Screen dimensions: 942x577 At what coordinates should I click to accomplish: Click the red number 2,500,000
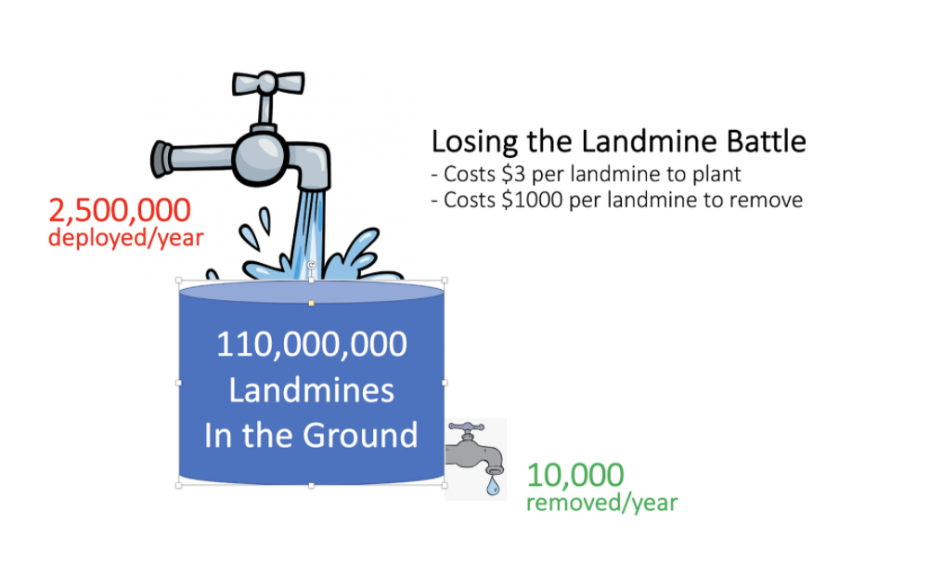click(120, 211)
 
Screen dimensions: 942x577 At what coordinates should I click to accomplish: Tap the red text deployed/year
click(125, 238)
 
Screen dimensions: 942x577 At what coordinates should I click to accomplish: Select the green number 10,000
click(575, 475)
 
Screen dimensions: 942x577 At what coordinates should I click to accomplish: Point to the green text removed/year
click(602, 503)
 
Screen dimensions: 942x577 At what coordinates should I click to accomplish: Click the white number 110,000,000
click(311, 345)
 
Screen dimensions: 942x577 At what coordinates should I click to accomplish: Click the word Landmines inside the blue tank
click(311, 390)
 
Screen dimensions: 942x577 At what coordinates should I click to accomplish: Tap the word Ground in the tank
click(359, 435)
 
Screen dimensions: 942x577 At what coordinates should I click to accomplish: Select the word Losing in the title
click(474, 142)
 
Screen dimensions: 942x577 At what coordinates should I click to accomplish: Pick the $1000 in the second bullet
click(533, 200)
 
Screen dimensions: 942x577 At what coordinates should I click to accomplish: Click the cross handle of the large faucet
click(268, 83)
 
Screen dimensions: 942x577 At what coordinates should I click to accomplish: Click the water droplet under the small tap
click(493, 486)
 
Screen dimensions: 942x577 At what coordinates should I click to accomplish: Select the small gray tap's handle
click(466, 427)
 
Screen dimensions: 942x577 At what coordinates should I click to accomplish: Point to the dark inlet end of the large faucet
click(161, 159)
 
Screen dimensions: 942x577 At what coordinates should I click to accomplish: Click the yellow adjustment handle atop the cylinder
click(311, 303)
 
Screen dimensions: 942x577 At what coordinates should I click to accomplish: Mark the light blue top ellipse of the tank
click(311, 293)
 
